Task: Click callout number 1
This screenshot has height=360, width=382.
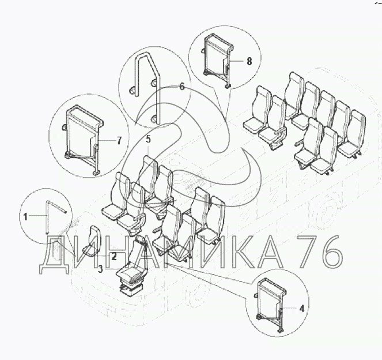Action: [25, 216]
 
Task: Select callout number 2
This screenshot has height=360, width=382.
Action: [114, 257]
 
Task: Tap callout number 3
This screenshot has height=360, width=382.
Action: [100, 269]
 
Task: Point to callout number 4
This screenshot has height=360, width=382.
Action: [301, 309]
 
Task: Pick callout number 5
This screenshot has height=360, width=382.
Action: [149, 139]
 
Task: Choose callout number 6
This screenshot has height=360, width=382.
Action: [182, 87]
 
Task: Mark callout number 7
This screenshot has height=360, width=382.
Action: [119, 141]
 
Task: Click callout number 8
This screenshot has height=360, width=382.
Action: [249, 61]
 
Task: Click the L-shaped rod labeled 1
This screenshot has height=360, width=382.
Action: [47, 215]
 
